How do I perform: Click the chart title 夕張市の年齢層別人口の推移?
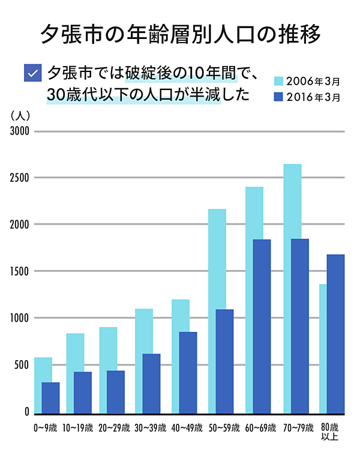coord(180,34)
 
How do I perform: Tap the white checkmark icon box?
coord(32,73)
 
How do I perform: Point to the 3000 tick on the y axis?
coord(20,131)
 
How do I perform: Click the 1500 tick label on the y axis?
coord(20,271)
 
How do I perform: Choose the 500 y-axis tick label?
coord(22,365)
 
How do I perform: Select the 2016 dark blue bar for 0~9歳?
coord(50,398)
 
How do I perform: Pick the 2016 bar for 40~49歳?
coord(188,373)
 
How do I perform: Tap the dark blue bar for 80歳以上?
coord(335,334)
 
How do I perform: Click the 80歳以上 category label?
coord(329,432)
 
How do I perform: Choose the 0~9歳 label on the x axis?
coord(46,428)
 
